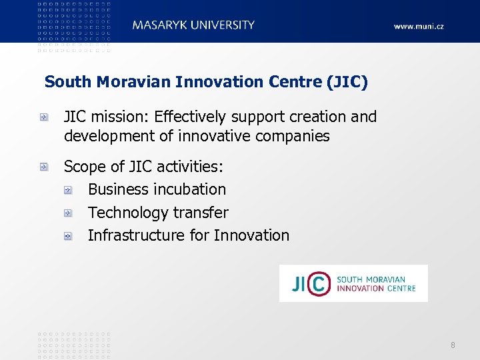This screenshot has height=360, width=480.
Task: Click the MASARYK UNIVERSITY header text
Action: point(193,25)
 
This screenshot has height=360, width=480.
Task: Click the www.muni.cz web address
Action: point(419,27)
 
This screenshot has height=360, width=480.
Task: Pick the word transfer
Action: point(201,213)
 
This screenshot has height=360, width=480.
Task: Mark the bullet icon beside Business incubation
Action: point(68,190)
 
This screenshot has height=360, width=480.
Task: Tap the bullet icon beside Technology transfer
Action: point(68,213)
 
